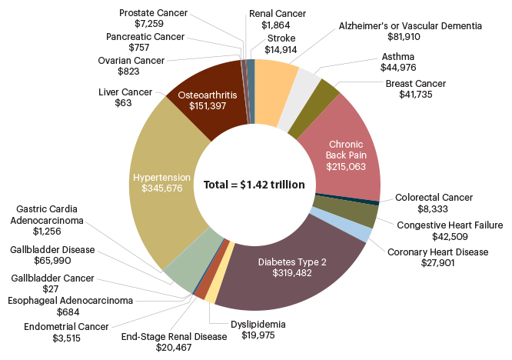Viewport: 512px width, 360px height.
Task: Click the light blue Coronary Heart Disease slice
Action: [x=362, y=231]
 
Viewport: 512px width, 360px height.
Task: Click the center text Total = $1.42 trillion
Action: [x=254, y=185]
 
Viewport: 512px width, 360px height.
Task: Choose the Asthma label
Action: [x=397, y=57]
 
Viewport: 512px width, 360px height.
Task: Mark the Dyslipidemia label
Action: [x=258, y=324]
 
